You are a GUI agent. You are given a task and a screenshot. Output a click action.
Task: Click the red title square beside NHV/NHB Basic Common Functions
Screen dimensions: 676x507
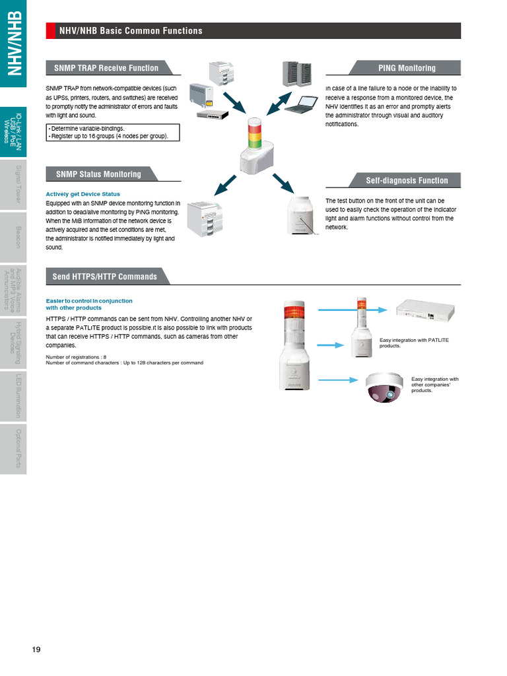[x=50, y=30]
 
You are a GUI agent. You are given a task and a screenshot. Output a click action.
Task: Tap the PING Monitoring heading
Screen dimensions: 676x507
[x=407, y=68]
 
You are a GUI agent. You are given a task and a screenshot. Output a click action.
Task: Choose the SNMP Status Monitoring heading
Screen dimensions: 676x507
[x=98, y=174]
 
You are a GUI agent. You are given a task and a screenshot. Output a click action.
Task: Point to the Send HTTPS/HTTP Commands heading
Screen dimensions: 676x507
[x=104, y=277]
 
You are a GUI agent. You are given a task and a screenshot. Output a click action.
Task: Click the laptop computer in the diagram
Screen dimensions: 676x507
[x=306, y=104]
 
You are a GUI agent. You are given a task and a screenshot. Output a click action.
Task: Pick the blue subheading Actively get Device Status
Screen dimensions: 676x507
[x=83, y=194]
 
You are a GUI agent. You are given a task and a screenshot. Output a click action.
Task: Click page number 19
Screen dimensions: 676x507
[x=36, y=650]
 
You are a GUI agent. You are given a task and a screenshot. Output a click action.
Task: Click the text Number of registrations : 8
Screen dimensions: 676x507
[x=76, y=357]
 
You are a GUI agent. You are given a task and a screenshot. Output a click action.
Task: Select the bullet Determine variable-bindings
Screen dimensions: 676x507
[x=86, y=129]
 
